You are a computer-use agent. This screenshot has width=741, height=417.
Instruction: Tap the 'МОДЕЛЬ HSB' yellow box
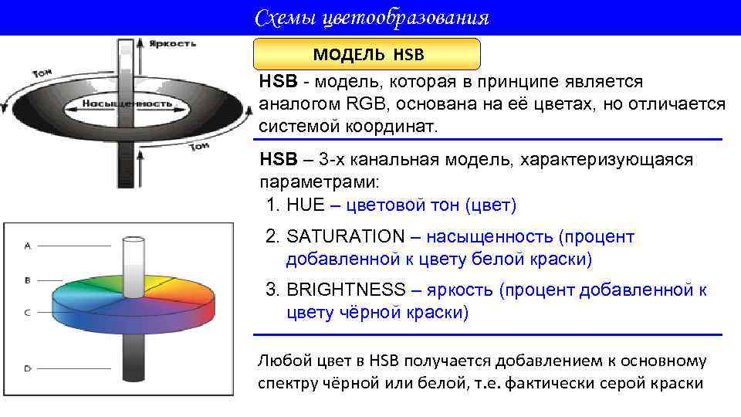(368, 55)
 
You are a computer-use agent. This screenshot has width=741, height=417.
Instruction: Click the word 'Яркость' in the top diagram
(172, 43)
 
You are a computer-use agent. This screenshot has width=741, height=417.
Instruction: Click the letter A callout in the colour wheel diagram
(28, 246)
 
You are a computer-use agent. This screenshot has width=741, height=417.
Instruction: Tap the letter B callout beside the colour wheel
(28, 280)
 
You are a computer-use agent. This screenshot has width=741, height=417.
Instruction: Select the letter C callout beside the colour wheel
(28, 313)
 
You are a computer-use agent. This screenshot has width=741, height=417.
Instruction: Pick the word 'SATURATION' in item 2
(345, 237)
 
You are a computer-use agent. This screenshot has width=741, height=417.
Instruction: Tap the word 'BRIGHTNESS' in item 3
(345, 290)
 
